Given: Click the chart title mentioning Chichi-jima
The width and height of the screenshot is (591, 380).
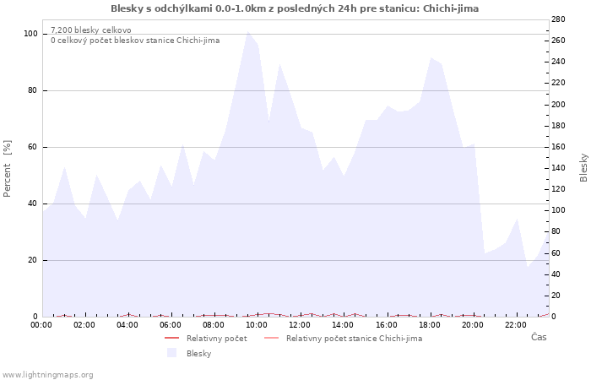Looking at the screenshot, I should (x=295, y=8).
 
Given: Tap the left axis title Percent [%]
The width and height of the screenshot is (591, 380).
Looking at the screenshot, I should (x=8, y=169).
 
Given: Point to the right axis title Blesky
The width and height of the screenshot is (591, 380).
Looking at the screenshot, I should (x=583, y=167).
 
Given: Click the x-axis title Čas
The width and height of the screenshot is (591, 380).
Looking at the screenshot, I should (x=538, y=338).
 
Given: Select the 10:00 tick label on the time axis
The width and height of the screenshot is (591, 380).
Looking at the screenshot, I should (x=257, y=324).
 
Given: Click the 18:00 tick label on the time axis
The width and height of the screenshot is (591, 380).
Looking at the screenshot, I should (x=430, y=324).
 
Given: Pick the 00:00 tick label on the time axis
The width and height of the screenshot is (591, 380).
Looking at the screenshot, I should (x=41, y=324).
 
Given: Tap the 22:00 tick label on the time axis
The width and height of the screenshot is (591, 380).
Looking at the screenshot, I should (x=516, y=324).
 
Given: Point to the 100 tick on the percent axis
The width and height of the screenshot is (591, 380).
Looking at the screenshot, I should (x=30, y=34).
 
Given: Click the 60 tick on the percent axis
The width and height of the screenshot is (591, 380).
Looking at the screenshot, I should (x=33, y=147).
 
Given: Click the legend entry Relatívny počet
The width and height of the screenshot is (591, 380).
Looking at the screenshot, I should (x=216, y=338).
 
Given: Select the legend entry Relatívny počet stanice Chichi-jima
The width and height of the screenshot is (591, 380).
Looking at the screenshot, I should (x=354, y=338).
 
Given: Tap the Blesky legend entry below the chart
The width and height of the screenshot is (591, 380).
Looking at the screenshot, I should (x=198, y=353).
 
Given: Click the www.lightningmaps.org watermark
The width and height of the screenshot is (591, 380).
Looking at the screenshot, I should (x=48, y=374).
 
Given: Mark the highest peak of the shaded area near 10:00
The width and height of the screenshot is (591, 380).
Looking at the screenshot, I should (x=247, y=32).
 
